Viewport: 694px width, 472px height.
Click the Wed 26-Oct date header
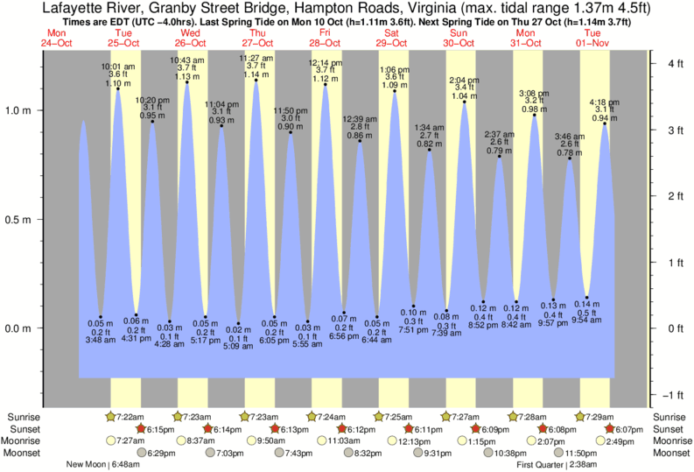pyautogui.click(x=190, y=38)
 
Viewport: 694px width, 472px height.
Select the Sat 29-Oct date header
pyautogui.click(x=392, y=38)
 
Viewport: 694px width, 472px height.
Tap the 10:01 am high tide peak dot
pyautogui.click(x=118, y=89)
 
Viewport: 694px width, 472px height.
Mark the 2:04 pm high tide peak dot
pyautogui.click(x=465, y=102)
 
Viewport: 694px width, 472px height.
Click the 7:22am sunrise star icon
pyautogui.click(x=110, y=416)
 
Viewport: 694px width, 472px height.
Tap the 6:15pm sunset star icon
pyautogui.click(x=140, y=428)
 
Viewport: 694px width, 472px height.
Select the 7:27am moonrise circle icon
pyautogui.click(x=110, y=440)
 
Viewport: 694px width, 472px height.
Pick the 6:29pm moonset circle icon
pyautogui.click(x=140, y=453)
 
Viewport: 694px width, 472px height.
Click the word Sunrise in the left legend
pyautogui.click(x=22, y=416)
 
